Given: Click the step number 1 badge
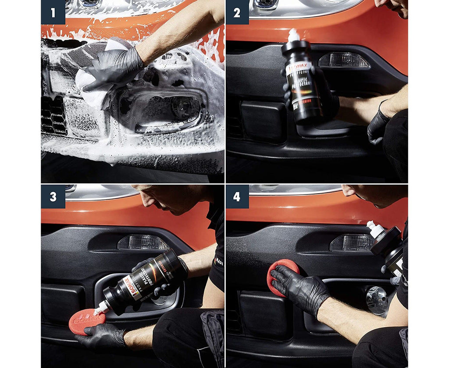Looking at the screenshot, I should tap(53, 12).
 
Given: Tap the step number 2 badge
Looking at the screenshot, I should tap(237, 12).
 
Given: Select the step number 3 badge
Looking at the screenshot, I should tap(53, 196).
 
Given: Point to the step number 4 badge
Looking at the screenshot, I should tap(237, 196).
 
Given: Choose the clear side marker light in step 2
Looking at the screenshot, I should tap(343, 61).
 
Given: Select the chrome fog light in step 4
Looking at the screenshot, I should tap(377, 300).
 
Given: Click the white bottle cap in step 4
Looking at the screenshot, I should tap(374, 229).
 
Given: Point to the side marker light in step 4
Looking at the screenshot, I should tap(351, 243).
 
